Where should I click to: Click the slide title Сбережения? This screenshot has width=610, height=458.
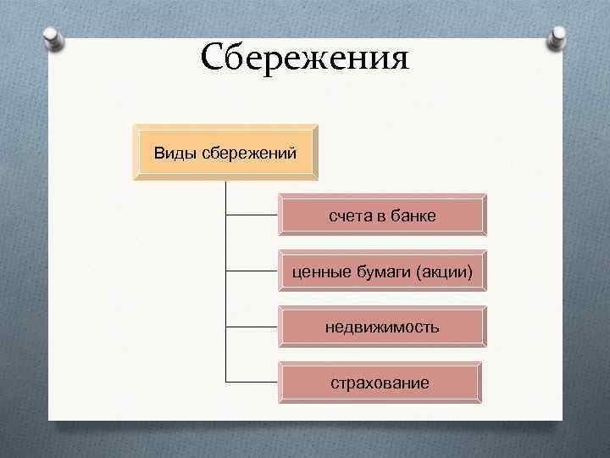[305, 59]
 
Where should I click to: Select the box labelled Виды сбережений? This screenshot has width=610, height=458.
[225, 154]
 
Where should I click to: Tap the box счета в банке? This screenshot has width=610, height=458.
[382, 215]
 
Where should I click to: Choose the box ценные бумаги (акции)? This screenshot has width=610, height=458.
[382, 271]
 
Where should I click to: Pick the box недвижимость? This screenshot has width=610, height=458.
[382, 327]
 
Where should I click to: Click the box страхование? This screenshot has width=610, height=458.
[380, 383]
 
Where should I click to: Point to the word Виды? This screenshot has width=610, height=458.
[173, 154]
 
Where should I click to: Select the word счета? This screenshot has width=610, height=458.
[349, 216]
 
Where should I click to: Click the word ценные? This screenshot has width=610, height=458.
[318, 271]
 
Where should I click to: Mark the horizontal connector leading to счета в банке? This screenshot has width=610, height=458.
[252, 215]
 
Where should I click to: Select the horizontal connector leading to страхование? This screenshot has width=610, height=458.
[252, 383]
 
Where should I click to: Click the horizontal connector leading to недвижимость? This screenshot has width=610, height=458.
[252, 327]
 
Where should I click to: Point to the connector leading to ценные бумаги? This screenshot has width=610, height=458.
[252, 271]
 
